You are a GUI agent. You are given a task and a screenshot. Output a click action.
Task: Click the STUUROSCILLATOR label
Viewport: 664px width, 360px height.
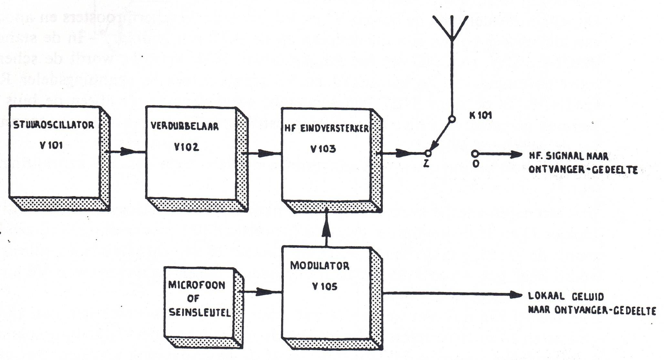pos(54,125)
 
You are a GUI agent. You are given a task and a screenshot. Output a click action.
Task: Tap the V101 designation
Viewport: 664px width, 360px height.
pos(51,145)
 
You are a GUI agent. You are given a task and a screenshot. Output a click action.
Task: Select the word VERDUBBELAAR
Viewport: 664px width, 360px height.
pos(184,126)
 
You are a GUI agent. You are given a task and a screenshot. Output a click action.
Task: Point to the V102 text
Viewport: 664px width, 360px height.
pos(186,147)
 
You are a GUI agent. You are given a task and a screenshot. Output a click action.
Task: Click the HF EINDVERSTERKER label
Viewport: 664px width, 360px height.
pos(326,129)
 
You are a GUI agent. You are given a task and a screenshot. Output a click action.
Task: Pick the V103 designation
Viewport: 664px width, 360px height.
pos(323,149)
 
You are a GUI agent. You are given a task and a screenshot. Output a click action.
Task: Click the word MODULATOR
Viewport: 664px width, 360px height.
pos(319,266)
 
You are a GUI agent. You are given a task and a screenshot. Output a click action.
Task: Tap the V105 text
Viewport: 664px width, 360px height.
pos(324,286)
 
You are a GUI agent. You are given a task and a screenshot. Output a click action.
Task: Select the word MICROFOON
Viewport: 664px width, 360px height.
pos(197,285)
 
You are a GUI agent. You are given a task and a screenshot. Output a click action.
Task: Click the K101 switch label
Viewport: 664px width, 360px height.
pos(481,115)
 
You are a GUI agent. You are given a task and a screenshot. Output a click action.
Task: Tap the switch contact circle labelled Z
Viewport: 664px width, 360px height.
pos(428,153)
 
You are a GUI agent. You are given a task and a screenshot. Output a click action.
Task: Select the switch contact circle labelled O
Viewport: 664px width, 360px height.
pos(475,154)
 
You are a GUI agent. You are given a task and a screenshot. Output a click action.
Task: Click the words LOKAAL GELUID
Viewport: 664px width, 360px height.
pos(565,296)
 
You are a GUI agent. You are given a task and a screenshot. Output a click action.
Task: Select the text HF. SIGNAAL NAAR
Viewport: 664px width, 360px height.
pos(568,156)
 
